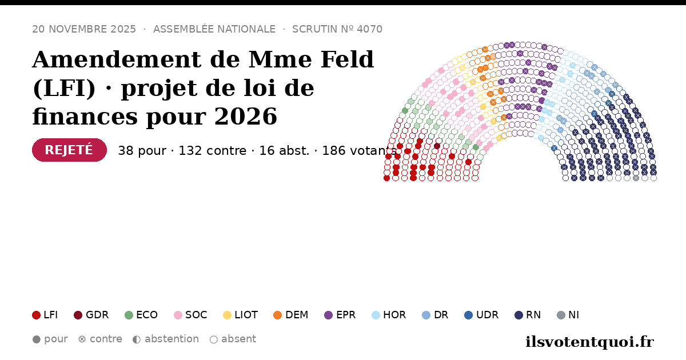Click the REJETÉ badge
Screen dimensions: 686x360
click(x=69, y=150)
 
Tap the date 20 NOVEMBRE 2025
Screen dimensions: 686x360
click(x=84, y=29)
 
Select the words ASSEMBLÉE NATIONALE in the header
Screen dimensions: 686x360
click(x=214, y=29)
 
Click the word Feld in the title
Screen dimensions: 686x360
click(x=347, y=59)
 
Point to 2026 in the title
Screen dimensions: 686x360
click(x=246, y=117)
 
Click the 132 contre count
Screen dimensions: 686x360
click(x=213, y=151)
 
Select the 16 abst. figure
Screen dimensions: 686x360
click(x=284, y=151)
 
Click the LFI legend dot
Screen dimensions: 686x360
click(x=36, y=315)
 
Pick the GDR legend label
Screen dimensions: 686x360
click(x=97, y=315)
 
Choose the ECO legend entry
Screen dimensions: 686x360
click(x=141, y=315)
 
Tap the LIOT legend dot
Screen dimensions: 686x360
click(x=228, y=315)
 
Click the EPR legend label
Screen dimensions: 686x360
click(x=346, y=315)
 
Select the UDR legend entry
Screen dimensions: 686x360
click(x=481, y=315)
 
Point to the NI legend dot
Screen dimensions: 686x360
click(x=561, y=315)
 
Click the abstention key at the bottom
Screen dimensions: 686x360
click(x=166, y=339)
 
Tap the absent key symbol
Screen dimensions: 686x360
click(x=214, y=339)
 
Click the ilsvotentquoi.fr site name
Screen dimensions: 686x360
click(x=590, y=342)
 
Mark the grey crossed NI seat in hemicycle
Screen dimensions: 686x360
click(x=636, y=178)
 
